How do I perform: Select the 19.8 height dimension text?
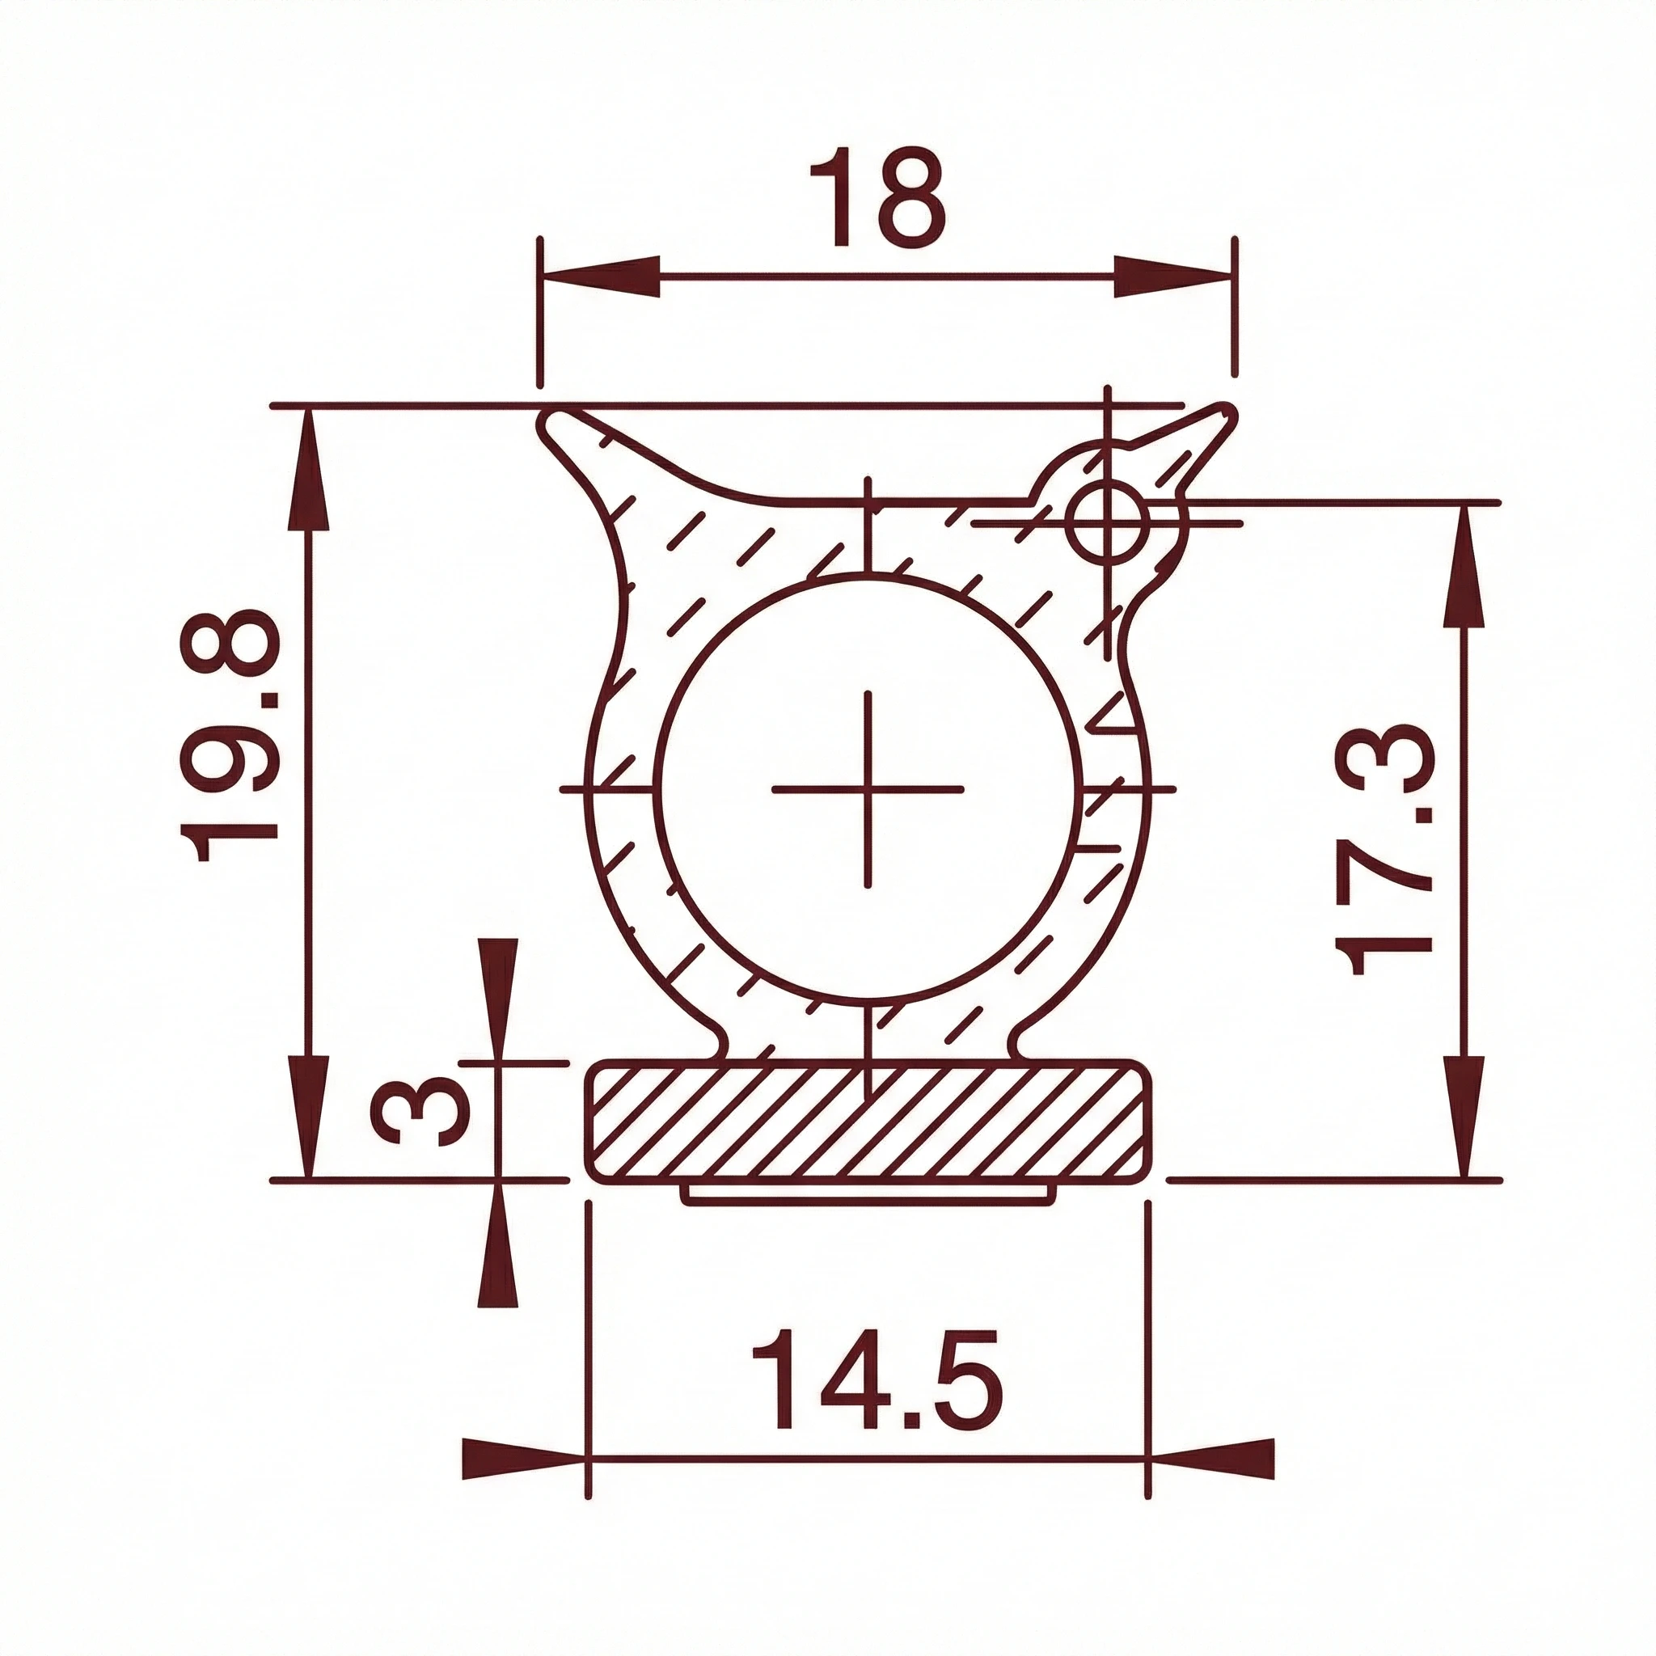(230, 736)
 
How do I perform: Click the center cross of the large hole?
(868, 788)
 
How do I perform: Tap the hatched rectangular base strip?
(868, 1120)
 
